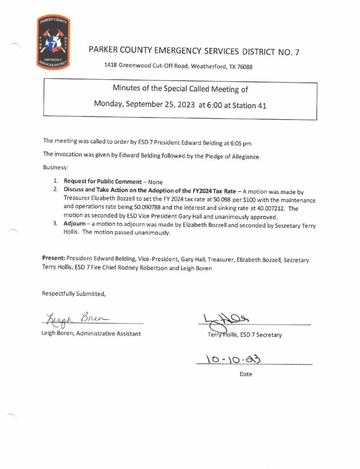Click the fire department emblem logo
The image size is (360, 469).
tap(53, 43)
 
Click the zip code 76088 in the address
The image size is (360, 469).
tap(243, 66)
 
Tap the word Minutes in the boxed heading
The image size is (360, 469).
tap(128, 89)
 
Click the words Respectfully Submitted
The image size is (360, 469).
tap(74, 294)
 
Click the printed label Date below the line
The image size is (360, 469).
tap(246, 374)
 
